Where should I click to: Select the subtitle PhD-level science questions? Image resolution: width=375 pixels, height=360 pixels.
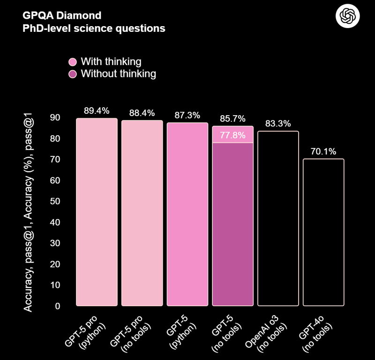[94, 28]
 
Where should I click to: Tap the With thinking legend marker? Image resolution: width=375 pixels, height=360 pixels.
[73, 62]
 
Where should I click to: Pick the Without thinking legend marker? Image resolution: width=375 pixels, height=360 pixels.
[73, 74]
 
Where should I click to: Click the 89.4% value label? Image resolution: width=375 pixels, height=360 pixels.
[97, 111]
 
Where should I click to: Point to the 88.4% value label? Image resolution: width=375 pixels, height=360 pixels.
[142, 113]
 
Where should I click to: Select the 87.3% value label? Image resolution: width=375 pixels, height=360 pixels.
[187, 115]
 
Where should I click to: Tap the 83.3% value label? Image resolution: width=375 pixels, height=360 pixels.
[278, 124]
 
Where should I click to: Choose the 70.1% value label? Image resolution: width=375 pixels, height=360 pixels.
[323, 152]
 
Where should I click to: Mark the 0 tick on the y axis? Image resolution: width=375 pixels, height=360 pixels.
[58, 306]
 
